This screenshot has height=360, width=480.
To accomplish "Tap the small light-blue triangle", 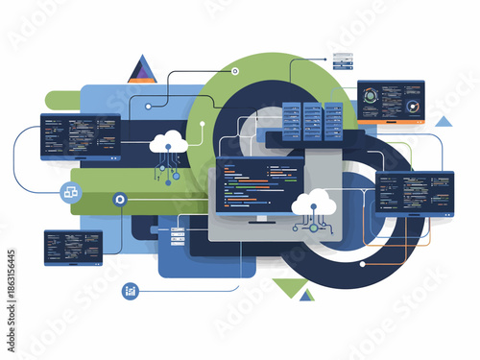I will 443,122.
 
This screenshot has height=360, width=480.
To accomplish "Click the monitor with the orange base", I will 391,102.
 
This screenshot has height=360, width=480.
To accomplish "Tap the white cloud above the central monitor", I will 168,142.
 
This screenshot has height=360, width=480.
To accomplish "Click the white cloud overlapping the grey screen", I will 314,202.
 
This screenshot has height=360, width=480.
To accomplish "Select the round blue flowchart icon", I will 70,192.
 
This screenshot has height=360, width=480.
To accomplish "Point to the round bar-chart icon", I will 130,291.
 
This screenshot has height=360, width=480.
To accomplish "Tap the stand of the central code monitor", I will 259,223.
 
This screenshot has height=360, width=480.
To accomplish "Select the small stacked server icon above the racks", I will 342,60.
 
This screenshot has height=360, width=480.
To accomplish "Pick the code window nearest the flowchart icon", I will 80,136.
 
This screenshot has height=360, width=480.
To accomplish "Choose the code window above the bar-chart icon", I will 72,246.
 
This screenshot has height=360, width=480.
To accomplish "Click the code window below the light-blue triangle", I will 415,191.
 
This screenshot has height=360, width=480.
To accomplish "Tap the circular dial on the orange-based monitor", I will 413,107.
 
